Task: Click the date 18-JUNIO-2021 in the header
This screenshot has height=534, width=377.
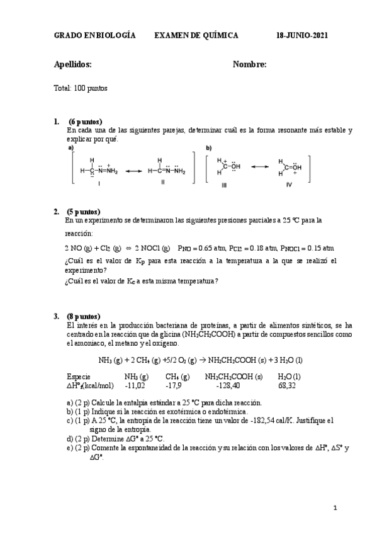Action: pos(301,37)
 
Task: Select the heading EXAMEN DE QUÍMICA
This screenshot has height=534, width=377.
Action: pos(196,37)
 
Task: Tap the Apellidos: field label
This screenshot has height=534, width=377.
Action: pos(73,64)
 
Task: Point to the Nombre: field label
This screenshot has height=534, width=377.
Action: pos(250,64)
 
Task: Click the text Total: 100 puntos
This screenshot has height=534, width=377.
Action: pos(81,88)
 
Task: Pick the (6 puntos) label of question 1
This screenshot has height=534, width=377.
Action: pos(86,122)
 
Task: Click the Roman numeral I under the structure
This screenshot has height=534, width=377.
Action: pos(99,183)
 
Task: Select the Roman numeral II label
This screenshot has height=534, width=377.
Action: pos(162,183)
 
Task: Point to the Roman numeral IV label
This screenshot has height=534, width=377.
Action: pos(289,186)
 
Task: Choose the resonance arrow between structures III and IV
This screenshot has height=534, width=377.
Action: pos(259,166)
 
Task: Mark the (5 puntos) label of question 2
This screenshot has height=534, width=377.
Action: pos(84,212)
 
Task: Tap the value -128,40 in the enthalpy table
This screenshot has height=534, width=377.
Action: pos(227,385)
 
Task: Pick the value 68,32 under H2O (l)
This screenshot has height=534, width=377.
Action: pos(288,385)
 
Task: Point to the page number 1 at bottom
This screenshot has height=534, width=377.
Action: pos(335,508)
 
